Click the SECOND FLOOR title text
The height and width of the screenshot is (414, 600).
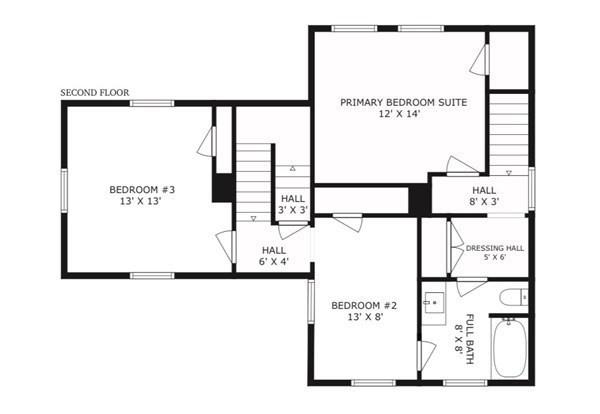point(95,93)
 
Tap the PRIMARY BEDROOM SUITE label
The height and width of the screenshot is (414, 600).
point(404,103)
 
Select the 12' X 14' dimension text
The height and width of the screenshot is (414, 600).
point(400,114)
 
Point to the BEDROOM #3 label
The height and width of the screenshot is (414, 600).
point(142,190)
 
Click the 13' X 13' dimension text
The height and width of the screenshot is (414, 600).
point(140,201)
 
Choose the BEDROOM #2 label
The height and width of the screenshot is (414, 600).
point(364,306)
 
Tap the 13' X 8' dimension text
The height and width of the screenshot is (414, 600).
point(366,317)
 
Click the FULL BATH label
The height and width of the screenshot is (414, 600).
point(470,339)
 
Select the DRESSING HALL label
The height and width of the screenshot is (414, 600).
point(495,248)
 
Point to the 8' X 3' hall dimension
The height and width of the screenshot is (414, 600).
point(484,202)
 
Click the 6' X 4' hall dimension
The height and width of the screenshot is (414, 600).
point(274,262)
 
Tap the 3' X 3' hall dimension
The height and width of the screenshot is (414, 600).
point(293,210)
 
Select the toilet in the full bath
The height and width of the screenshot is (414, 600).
point(514,297)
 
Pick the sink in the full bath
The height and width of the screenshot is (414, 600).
point(434,303)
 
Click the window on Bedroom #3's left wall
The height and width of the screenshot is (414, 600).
point(64,190)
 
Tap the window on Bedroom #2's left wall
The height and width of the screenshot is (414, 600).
point(311,302)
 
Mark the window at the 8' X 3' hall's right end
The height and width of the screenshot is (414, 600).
point(532,188)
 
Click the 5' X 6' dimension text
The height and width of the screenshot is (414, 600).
point(495,258)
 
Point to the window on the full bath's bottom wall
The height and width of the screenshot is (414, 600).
point(465,383)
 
